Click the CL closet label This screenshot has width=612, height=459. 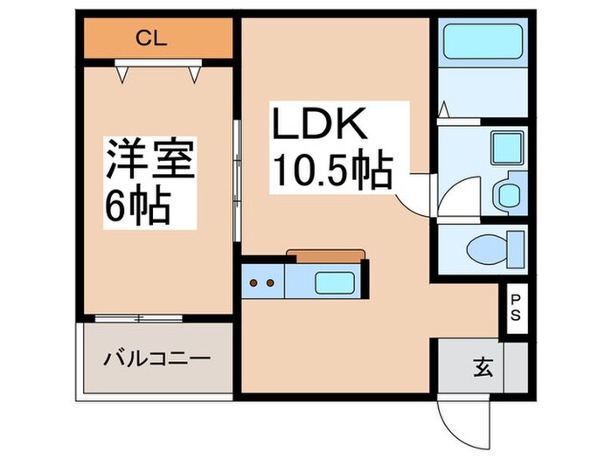(157, 38)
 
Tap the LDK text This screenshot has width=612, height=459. (320, 128)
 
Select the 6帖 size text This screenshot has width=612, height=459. (136, 208)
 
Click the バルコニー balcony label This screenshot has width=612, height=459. (157, 359)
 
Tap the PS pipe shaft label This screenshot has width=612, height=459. (515, 309)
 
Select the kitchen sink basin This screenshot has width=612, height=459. (334, 283)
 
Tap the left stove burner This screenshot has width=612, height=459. (255, 283)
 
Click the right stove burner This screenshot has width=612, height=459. (271, 283)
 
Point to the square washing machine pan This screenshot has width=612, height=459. (504, 146)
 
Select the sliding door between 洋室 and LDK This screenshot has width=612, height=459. (236, 179)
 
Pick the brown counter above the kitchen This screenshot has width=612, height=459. (324, 254)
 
